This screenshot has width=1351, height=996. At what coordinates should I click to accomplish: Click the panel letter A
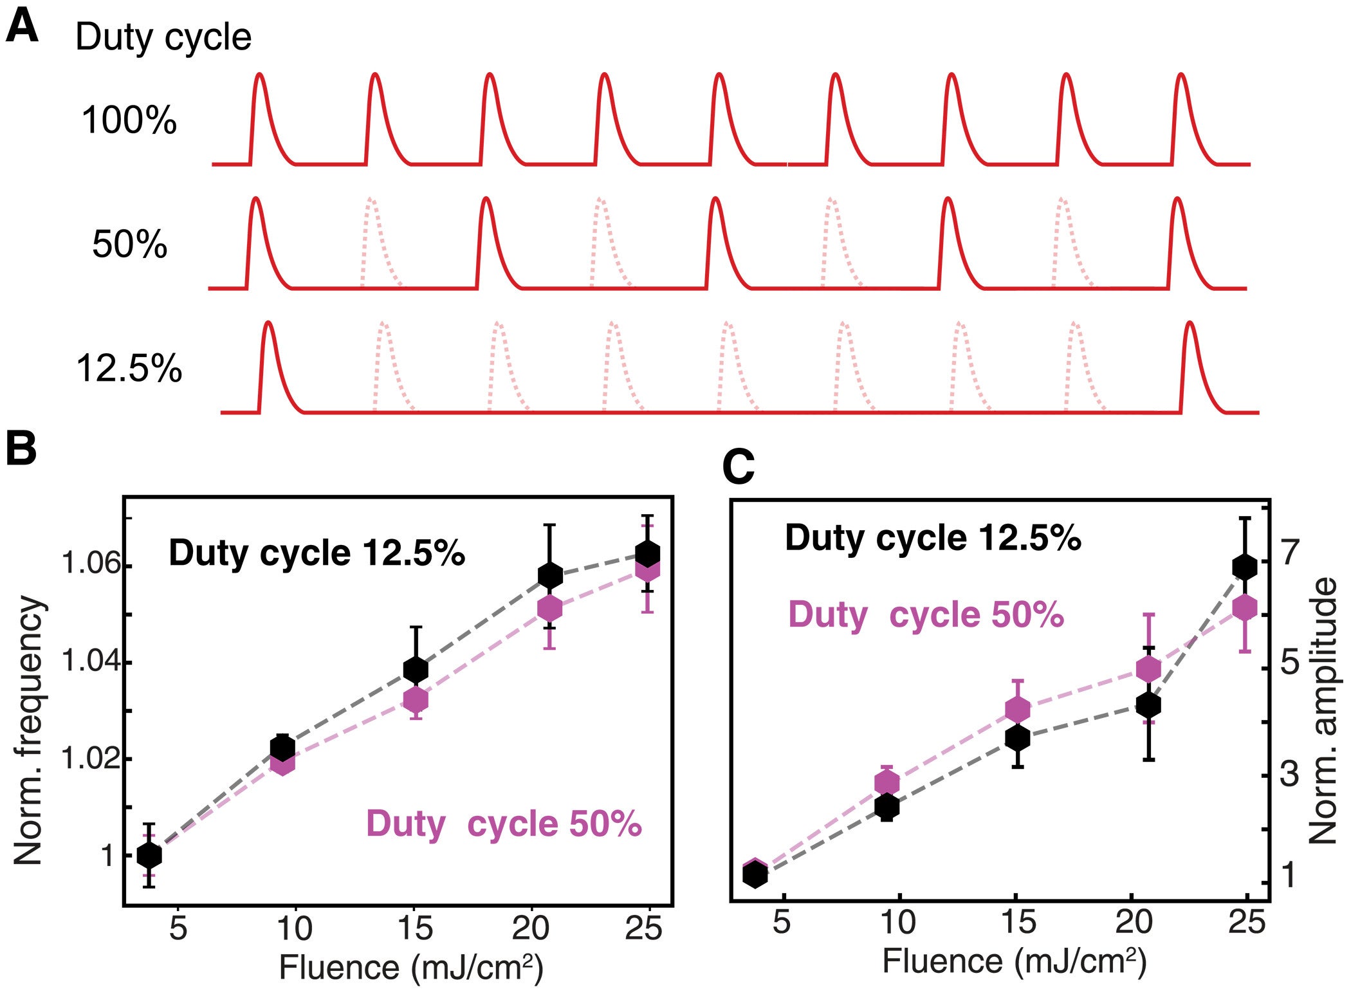coord(22,28)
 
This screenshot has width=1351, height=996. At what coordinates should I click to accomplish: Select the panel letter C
coord(738,468)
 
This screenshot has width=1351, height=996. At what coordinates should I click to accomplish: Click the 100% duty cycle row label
coord(129,120)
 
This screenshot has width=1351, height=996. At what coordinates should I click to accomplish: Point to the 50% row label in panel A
coord(129,245)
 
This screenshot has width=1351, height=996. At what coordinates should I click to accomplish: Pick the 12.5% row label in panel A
coord(129,369)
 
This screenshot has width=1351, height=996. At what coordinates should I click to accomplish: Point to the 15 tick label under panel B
coord(415,928)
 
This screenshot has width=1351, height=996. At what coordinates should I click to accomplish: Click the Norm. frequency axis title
coord(29,730)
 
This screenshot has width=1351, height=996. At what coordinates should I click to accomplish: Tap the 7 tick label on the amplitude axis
coord(1290,552)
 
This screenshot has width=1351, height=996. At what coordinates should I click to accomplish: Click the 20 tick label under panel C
coord(1134,922)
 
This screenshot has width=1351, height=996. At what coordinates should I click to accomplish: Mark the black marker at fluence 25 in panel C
coord(1244,567)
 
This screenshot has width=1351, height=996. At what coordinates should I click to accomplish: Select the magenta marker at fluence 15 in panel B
coord(416,699)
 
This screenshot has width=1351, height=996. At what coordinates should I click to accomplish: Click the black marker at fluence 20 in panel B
coord(549,575)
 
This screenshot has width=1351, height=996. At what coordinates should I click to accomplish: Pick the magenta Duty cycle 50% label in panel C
coord(926,614)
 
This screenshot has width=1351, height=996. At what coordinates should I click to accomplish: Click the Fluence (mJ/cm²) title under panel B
coord(411,967)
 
